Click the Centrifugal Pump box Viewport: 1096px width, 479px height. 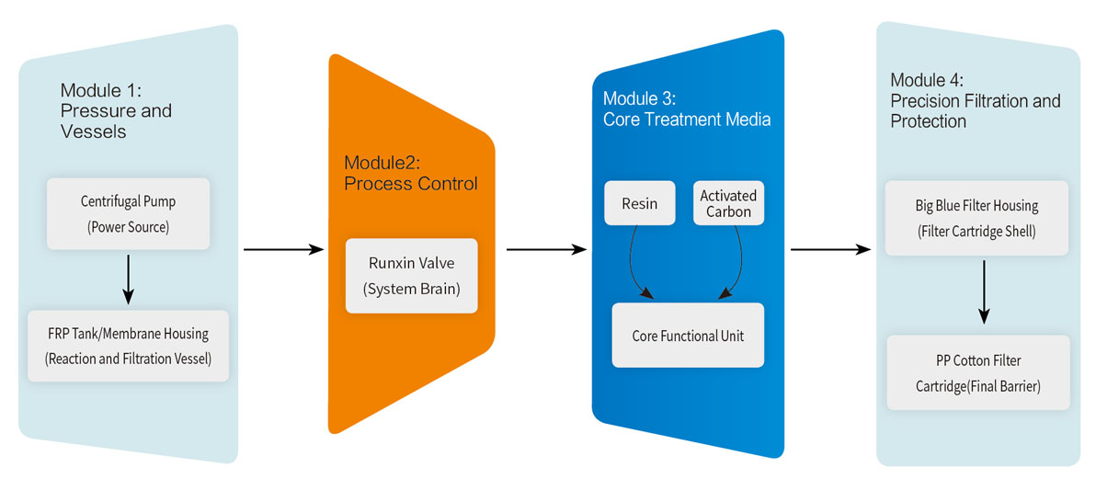(x=128, y=213)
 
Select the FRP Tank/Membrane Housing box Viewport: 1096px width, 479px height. (x=128, y=346)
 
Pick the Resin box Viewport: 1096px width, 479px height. (x=640, y=203)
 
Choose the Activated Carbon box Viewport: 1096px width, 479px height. (x=727, y=203)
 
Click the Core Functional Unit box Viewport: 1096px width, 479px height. (x=688, y=336)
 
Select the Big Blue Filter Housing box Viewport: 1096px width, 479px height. (x=976, y=218)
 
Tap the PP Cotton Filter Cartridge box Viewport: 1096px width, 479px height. (x=978, y=372)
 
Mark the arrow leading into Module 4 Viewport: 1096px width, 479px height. (x=830, y=249)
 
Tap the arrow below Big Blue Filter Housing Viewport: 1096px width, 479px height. (x=984, y=291)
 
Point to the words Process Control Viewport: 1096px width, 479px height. (x=411, y=183)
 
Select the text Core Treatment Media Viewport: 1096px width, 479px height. (x=687, y=120)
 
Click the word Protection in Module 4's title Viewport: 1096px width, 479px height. (x=928, y=121)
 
